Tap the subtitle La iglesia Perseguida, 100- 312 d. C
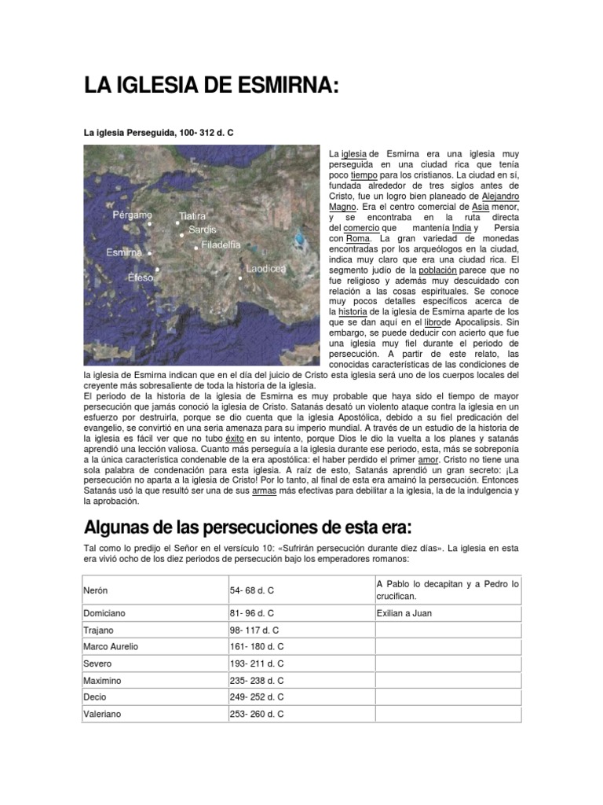(x=159, y=134)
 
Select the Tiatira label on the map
(x=192, y=215)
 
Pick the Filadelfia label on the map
(x=221, y=245)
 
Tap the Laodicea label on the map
(x=265, y=268)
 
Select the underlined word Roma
(x=357, y=238)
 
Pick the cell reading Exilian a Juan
(x=404, y=612)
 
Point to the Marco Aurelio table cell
(x=111, y=646)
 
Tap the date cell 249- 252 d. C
(x=257, y=697)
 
